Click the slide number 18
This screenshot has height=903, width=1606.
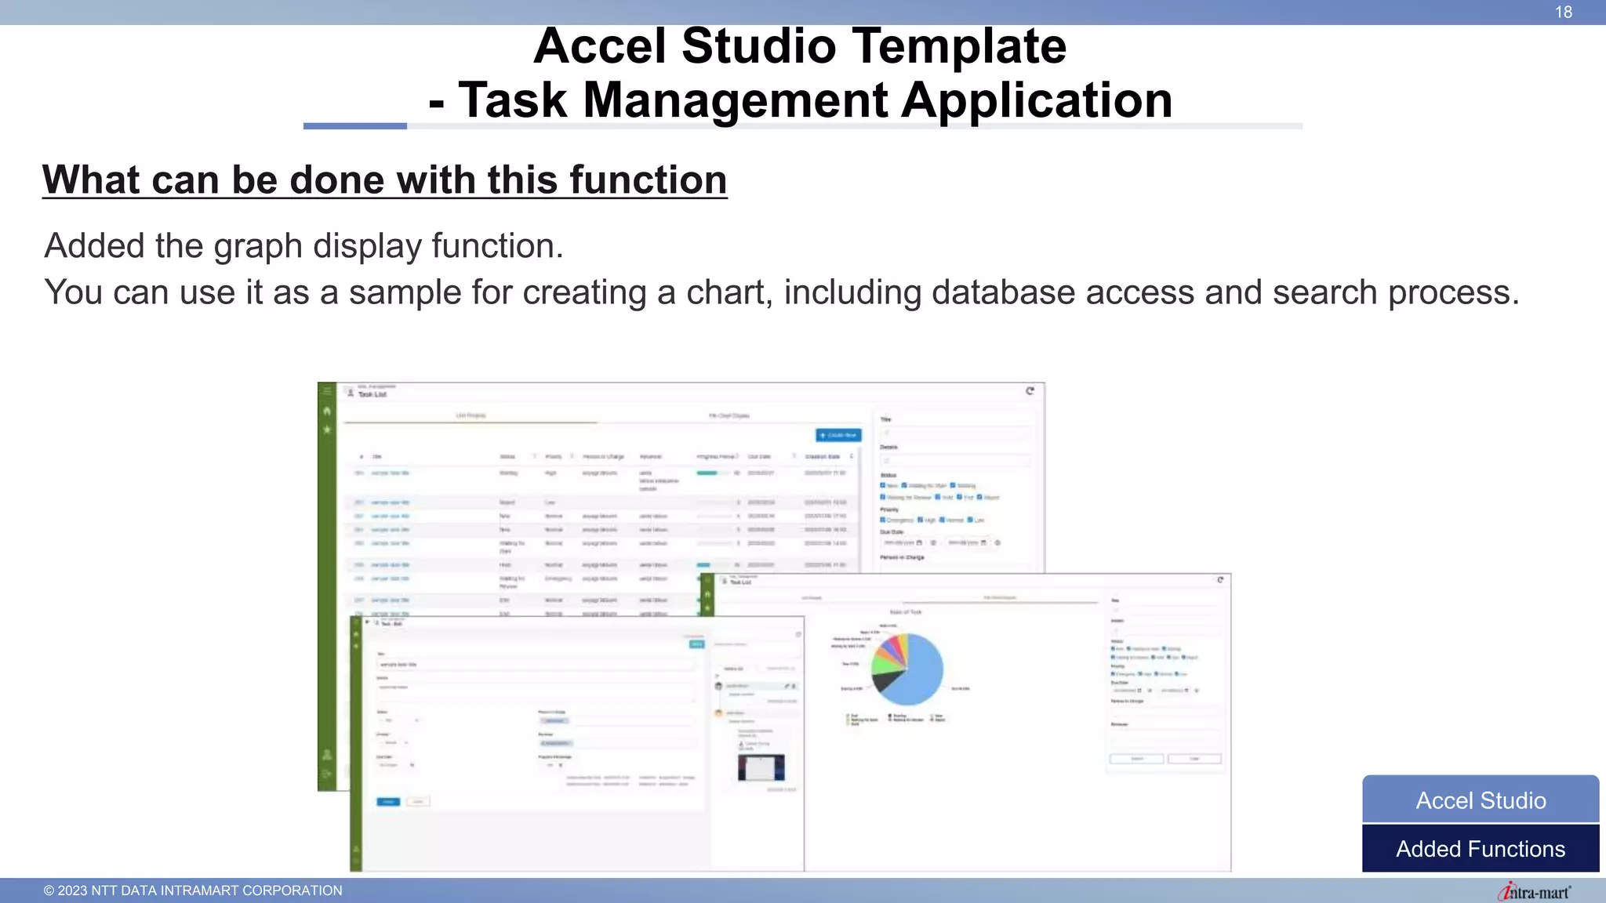coord(1563,12)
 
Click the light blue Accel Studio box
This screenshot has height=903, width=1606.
coord(1480,800)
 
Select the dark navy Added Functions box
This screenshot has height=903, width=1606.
coord(1480,849)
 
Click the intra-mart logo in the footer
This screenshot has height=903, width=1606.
coord(1534,891)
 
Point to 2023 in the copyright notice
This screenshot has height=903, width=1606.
coord(72,890)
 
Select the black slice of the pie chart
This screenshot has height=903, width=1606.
coord(886,680)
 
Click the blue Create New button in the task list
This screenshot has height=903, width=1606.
coord(838,435)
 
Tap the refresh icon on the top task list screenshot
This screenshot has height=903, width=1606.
coord(1030,390)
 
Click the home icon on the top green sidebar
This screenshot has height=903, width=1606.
coord(327,411)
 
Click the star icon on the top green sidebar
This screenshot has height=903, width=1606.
coord(327,430)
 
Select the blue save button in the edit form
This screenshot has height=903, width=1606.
coord(388,802)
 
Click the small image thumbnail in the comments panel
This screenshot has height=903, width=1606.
coord(761,767)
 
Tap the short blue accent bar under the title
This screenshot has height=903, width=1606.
coord(354,126)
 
